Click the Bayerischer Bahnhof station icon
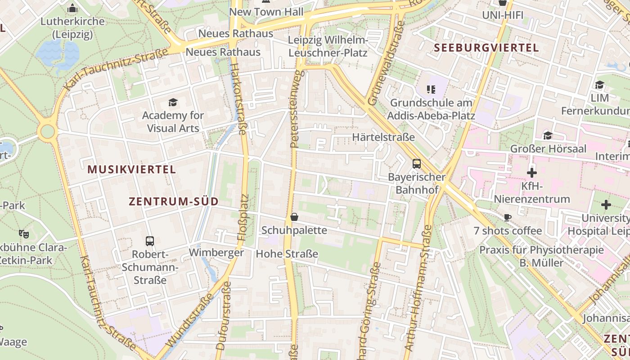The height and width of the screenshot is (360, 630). [417, 164]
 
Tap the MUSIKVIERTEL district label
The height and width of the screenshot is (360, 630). [132, 170]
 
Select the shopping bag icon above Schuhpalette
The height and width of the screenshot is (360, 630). [294, 217]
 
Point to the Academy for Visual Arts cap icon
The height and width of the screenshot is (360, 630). [173, 103]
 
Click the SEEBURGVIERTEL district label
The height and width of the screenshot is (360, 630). [486, 48]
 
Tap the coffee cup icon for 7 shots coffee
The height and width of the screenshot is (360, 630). [508, 218]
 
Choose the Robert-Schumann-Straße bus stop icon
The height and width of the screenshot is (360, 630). [150, 241]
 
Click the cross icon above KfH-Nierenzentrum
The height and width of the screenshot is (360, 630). [532, 172]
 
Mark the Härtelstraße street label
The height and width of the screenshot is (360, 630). [383, 137]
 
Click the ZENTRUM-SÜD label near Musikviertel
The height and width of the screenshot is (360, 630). [174, 202]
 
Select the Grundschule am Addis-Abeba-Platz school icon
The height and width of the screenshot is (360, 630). [431, 90]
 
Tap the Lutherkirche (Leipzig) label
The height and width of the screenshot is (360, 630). [72, 27]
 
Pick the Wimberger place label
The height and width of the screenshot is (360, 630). [216, 252]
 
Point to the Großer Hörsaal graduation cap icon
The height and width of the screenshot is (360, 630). [548, 135]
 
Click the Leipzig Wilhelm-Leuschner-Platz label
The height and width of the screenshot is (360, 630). [328, 47]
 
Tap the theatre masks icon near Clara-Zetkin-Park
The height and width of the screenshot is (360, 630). [23, 234]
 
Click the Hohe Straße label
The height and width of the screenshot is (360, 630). [287, 254]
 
